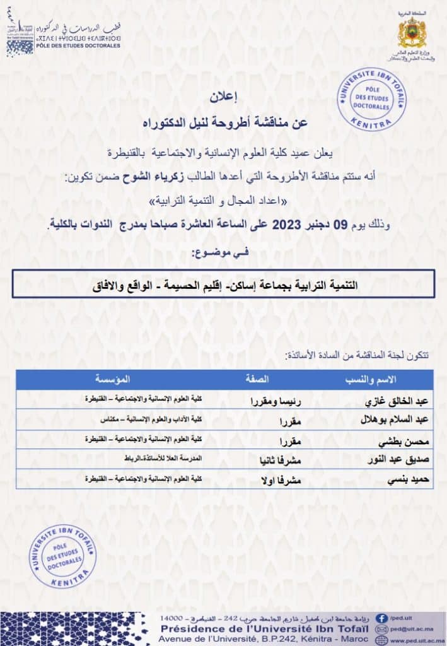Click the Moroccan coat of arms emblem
tap(413, 33)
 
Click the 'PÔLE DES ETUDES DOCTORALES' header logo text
tap(79, 45)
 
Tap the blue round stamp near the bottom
tap(62, 556)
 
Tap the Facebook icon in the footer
tap(381, 618)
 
